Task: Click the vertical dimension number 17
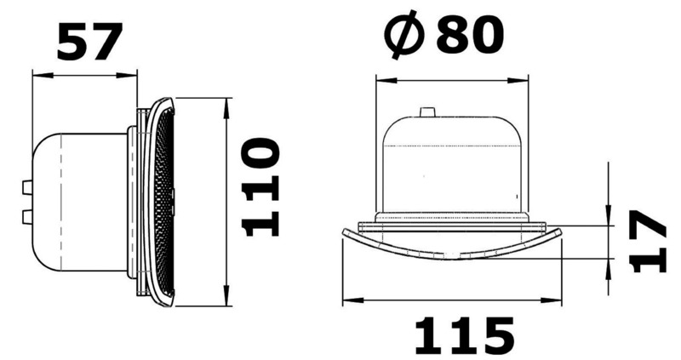point(651,242)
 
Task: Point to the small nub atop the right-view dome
point(427,111)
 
